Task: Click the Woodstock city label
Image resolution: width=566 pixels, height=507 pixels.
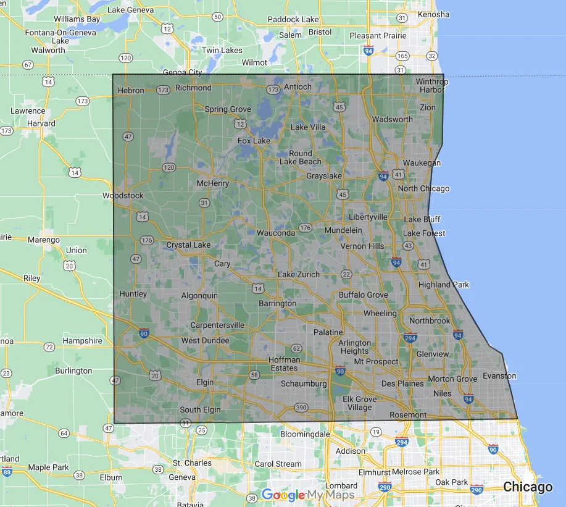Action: (123, 196)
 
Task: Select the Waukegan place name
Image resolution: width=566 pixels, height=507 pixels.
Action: (422, 163)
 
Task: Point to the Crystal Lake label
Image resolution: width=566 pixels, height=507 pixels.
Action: (188, 245)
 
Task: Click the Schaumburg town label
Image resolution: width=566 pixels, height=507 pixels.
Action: (304, 383)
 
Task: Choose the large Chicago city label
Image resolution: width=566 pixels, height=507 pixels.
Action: (528, 487)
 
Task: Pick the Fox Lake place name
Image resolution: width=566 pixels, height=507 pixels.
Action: (254, 141)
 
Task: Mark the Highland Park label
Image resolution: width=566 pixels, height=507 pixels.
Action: (443, 285)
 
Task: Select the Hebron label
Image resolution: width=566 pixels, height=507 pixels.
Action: (130, 90)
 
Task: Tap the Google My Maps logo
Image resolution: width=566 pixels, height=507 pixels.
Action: (307, 495)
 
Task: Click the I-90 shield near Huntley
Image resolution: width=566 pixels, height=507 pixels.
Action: (143, 333)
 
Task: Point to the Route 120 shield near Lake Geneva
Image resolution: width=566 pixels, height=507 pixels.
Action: (126, 58)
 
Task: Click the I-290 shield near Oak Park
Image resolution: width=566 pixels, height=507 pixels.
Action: (477, 490)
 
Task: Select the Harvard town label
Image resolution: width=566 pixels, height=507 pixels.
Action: (41, 124)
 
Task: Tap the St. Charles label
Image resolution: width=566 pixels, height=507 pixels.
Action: (192, 463)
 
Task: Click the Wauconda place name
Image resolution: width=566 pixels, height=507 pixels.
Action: (275, 233)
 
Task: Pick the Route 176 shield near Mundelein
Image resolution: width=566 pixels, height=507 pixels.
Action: (305, 228)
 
